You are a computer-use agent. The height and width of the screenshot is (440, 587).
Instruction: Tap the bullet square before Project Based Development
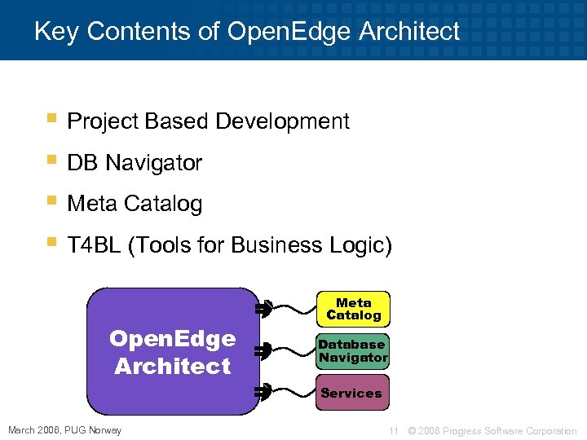pos(51,118)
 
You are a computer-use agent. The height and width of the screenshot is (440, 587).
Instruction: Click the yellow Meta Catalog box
pos(354,309)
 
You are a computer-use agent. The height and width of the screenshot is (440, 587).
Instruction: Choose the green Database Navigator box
pos(353,351)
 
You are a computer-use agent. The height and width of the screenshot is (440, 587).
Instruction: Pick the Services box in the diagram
pos(351,393)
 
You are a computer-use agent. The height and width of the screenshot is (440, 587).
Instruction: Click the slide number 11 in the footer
pos(393,430)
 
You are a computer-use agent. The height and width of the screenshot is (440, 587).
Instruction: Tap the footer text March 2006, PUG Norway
pos(64,430)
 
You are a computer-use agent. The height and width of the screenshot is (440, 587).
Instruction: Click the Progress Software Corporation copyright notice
pos(492,430)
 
